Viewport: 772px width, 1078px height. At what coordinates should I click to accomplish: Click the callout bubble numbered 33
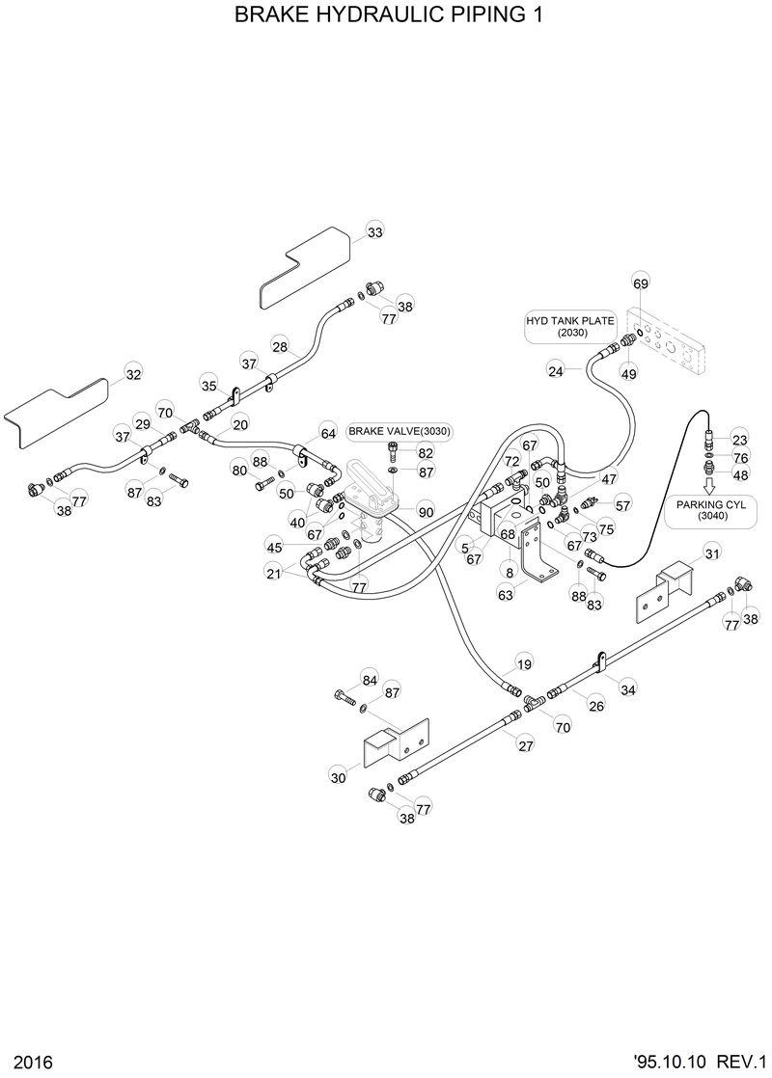[374, 232]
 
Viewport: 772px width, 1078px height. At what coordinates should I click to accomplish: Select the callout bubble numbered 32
[133, 375]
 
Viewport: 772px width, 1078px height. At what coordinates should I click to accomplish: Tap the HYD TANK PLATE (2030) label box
[557, 326]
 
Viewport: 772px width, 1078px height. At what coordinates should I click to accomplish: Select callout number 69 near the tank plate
[641, 283]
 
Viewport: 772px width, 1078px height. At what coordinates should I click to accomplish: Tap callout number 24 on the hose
[556, 370]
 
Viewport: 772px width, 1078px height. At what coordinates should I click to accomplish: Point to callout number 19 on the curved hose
[524, 664]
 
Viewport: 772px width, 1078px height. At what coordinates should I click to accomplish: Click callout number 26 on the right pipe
[596, 707]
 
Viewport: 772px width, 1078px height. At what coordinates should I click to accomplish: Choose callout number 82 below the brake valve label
[426, 451]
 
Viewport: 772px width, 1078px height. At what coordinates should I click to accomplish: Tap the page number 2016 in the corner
[22, 1062]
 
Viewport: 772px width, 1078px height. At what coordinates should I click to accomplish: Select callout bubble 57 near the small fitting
[622, 504]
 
